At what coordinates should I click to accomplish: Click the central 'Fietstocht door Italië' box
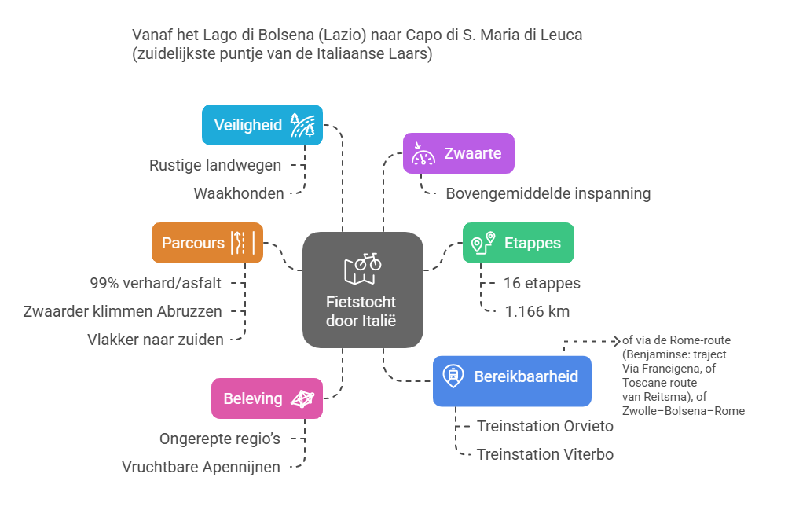point(362,289)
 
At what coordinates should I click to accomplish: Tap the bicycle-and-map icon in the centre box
point(362,268)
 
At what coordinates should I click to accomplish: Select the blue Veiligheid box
point(262,125)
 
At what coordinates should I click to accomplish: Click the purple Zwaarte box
point(459,153)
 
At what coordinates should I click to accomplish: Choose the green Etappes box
point(518,243)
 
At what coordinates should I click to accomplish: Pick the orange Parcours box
point(207,243)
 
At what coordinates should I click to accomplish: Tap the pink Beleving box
point(267,398)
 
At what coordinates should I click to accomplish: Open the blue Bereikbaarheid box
point(511,376)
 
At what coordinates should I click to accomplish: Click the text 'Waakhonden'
point(238,193)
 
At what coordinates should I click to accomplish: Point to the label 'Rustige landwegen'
point(215,165)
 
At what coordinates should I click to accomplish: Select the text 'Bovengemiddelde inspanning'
point(548,193)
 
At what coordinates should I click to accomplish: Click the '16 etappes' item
point(541,283)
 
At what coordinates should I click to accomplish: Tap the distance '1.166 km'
point(537,311)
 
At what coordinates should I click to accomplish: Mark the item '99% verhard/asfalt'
point(155,283)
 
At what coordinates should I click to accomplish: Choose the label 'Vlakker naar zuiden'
point(155,340)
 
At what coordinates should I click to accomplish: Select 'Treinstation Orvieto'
point(544,426)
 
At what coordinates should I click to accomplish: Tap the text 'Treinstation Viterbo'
point(544,454)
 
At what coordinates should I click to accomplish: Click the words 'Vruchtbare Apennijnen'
point(201,467)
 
